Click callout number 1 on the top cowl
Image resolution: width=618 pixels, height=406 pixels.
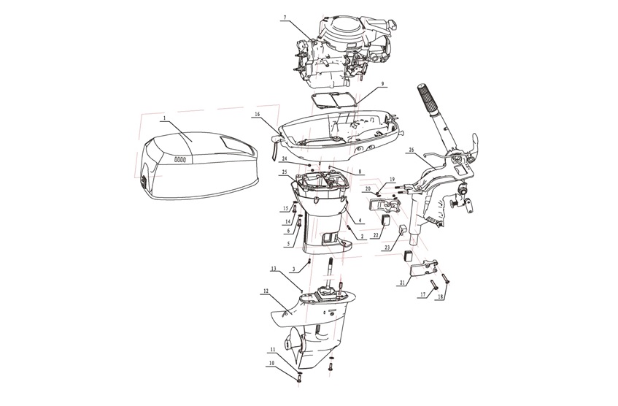(165, 118)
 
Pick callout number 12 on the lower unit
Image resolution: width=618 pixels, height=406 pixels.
(266, 291)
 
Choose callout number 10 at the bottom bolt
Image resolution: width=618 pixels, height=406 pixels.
(271, 362)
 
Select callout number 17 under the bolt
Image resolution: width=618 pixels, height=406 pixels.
(422, 294)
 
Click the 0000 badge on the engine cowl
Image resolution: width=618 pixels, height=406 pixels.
(179, 158)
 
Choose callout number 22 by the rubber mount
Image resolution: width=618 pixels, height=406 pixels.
(376, 235)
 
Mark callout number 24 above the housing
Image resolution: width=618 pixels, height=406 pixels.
(285, 158)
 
